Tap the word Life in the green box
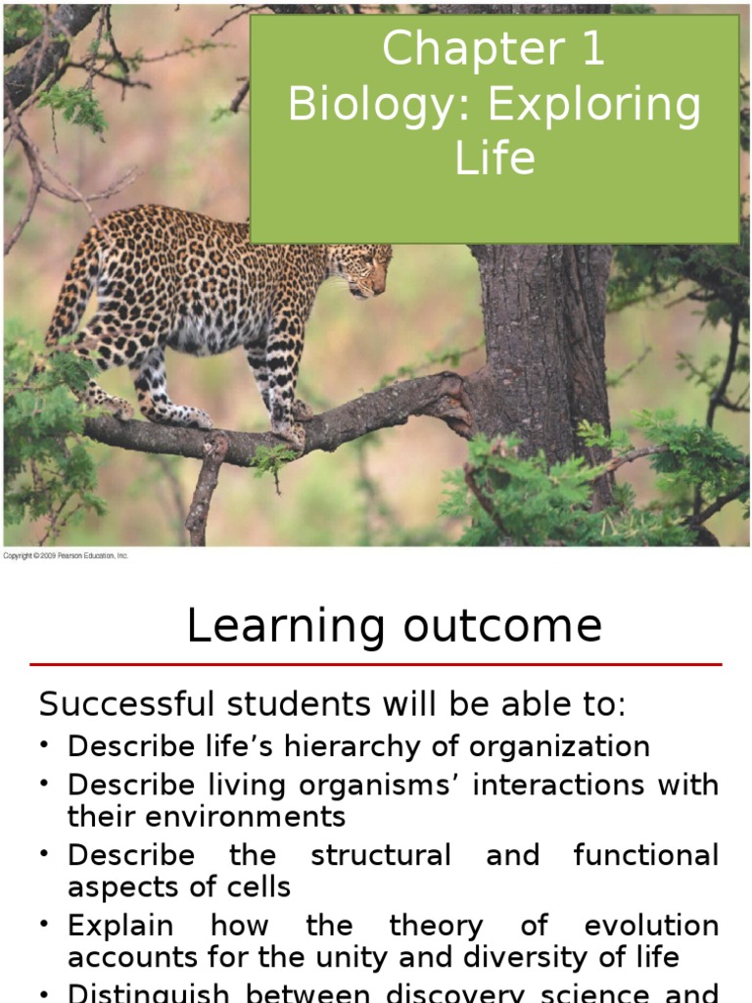tap(495, 158)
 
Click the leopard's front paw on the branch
tap(289, 431)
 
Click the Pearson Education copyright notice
tap(66, 556)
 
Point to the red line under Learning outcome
tap(376, 665)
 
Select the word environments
tap(235, 816)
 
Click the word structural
tap(381, 855)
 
